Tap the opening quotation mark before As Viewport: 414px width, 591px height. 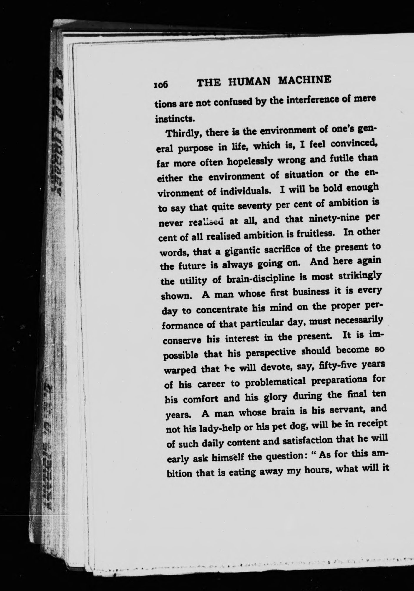[314, 453]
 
